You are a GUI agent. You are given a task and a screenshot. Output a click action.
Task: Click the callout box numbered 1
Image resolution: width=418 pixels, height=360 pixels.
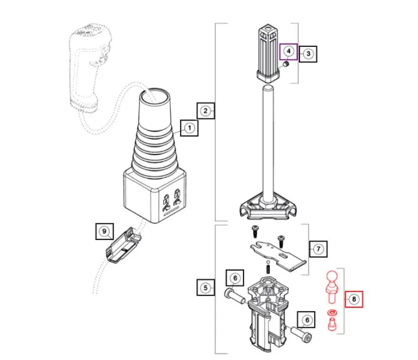pyautogui.click(x=189, y=128)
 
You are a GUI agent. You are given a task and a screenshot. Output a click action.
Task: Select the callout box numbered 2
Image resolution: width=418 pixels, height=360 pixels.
pyautogui.click(x=205, y=110)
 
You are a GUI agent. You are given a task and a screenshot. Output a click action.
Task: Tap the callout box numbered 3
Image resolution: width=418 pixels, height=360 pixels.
pyautogui.click(x=308, y=54)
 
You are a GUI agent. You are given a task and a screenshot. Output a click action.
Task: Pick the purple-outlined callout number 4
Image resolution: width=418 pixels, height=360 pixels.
pyautogui.click(x=288, y=52)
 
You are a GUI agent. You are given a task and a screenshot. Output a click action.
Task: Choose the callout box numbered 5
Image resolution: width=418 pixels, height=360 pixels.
pyautogui.click(x=205, y=288)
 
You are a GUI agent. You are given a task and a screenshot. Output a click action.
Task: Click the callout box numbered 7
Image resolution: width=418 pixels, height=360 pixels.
pyautogui.click(x=318, y=249)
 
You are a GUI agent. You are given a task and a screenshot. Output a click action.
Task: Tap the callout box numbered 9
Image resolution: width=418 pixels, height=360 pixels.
pyautogui.click(x=104, y=231)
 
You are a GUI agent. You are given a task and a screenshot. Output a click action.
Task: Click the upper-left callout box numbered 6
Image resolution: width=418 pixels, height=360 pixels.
pyautogui.click(x=235, y=277)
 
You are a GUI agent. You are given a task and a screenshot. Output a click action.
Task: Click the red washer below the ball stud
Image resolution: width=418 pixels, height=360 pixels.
pyautogui.click(x=331, y=314)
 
